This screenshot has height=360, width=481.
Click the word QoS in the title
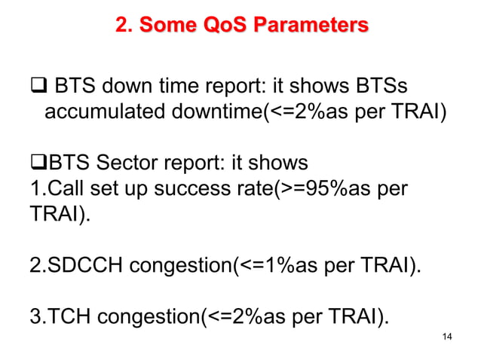[230, 26]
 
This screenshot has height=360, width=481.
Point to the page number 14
[447, 335]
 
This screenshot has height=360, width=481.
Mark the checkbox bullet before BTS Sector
[38, 162]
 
